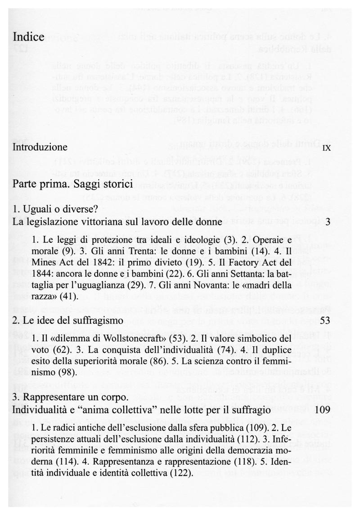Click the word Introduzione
[x=40, y=147]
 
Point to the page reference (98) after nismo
[x=67, y=373]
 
